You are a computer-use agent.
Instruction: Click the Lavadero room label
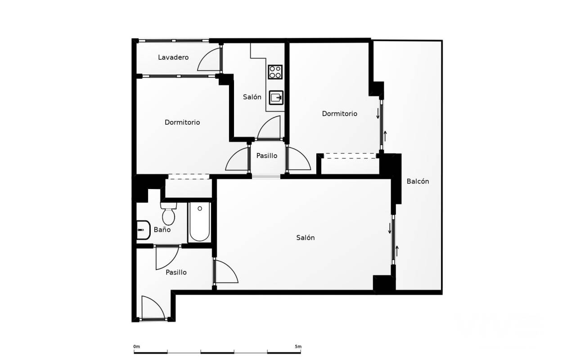point(173,57)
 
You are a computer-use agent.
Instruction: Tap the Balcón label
point(418,181)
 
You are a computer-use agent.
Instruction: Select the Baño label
point(162,229)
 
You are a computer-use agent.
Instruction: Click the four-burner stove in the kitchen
point(275,72)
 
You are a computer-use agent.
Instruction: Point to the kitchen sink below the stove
point(276,98)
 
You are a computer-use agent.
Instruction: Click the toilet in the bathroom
point(169,214)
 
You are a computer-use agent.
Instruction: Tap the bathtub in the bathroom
point(199,222)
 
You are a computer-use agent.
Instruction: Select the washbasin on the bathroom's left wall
point(143,230)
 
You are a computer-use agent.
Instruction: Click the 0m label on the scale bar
point(136,346)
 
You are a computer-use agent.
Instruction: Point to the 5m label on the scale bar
point(298,346)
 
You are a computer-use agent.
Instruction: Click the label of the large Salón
point(305,238)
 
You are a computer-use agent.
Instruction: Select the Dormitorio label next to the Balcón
point(339,114)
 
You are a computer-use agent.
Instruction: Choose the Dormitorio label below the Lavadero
point(182,122)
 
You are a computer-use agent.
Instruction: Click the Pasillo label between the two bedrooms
point(267,156)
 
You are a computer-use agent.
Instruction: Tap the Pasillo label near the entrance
point(176,273)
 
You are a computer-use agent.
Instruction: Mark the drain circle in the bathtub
point(200,208)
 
